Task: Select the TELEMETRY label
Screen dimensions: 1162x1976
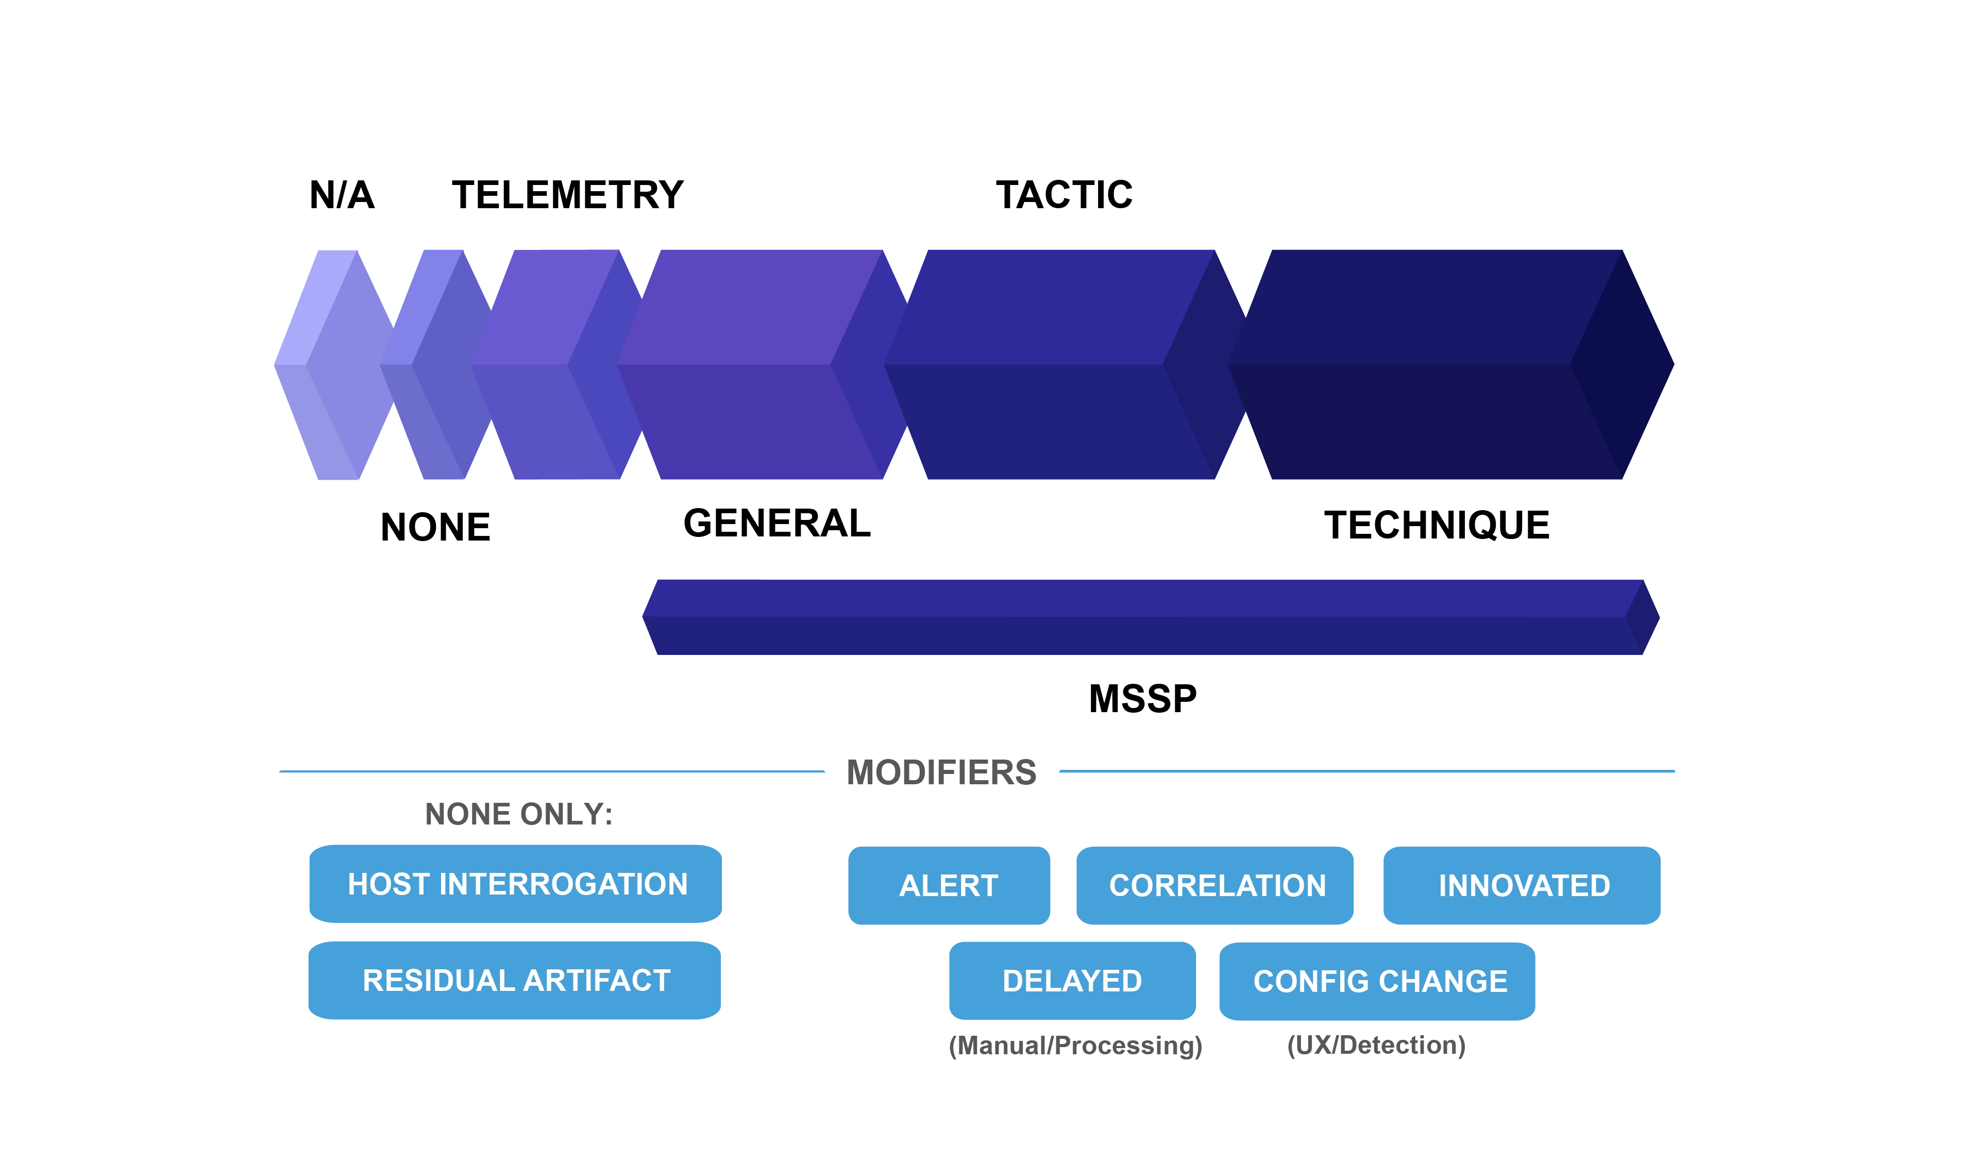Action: (x=566, y=194)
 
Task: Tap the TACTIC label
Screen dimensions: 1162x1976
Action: (x=1063, y=194)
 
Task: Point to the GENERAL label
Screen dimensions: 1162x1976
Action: (x=778, y=524)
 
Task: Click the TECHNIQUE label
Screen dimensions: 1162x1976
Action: (x=1437, y=524)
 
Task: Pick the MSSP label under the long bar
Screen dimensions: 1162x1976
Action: (x=1143, y=698)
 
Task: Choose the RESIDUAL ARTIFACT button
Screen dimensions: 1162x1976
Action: (x=514, y=981)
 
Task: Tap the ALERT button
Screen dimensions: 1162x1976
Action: (x=948, y=886)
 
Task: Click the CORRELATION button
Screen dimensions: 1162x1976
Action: (x=1216, y=886)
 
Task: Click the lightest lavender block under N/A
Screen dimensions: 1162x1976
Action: (x=333, y=365)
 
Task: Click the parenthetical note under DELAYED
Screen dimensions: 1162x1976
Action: (x=1075, y=1046)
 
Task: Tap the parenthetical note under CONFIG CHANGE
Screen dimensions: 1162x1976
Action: (x=1376, y=1046)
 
